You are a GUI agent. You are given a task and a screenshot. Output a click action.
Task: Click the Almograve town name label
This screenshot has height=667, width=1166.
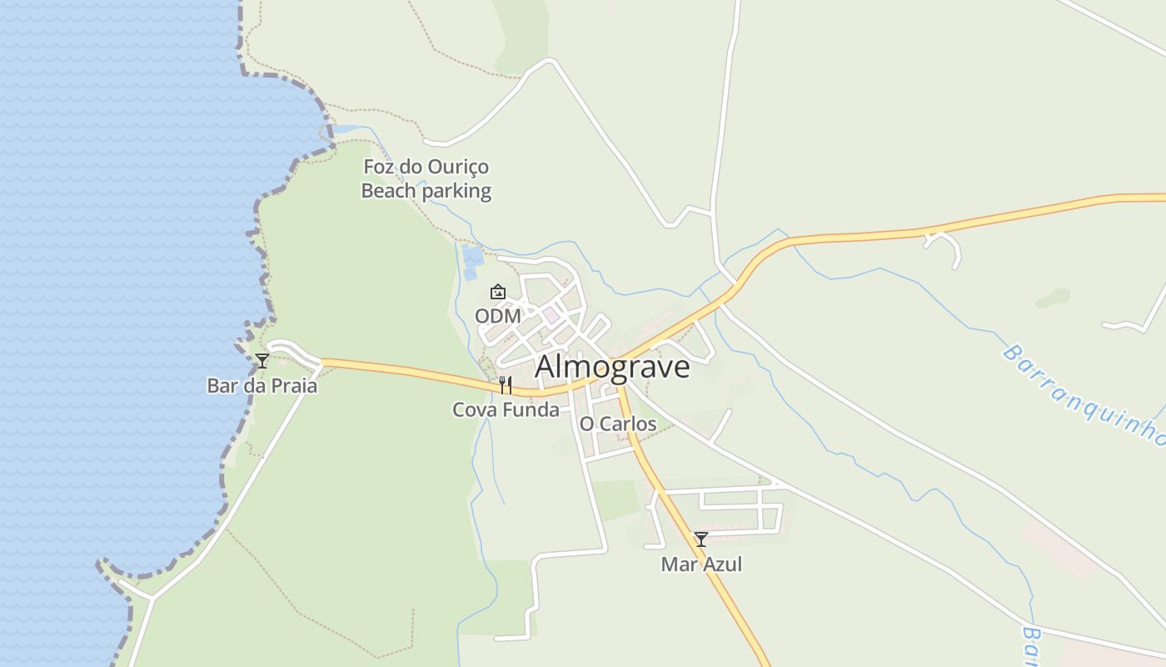pos(612,367)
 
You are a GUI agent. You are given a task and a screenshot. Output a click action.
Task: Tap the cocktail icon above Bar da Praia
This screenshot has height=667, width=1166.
pos(262,361)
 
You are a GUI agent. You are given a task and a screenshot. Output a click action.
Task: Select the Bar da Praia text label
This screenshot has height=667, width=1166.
pos(262,386)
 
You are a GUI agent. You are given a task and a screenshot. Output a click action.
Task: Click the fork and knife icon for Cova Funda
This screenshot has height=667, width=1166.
pos(505,384)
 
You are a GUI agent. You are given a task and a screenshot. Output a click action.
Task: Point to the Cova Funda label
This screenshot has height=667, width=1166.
pos(506,409)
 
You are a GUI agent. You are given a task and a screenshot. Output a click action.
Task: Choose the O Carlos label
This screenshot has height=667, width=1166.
pos(618,424)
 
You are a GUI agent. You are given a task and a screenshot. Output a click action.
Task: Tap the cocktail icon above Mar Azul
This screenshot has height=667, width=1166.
pos(701,539)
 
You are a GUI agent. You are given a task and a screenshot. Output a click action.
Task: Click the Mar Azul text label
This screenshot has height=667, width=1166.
pos(701,564)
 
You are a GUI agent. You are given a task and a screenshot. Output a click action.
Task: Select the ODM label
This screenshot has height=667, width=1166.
pos(498,316)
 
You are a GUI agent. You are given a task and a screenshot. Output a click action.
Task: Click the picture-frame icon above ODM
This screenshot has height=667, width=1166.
pos(498,292)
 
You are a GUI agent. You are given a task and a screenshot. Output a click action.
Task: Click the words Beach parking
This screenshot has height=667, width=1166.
pos(426,191)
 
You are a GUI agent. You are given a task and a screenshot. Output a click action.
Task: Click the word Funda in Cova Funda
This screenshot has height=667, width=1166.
pos(532,409)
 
